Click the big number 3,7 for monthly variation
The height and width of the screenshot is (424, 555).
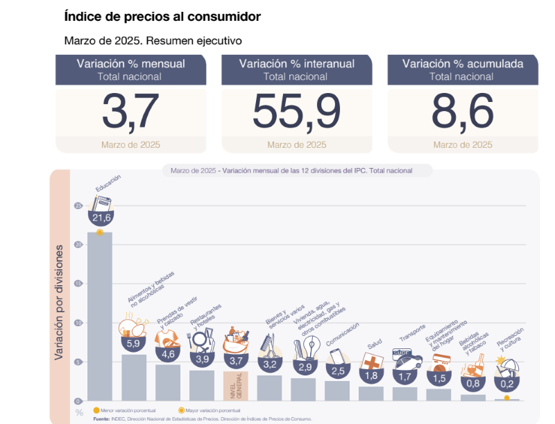click(130, 111)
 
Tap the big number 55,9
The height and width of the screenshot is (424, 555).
click(296, 111)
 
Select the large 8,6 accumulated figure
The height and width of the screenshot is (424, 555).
click(462, 111)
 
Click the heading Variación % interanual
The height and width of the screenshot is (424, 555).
click(296, 64)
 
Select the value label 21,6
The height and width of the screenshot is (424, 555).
click(100, 218)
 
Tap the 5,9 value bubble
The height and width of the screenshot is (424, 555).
click(133, 343)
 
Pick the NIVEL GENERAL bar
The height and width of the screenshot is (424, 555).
click(235, 385)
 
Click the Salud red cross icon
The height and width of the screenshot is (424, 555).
click(373, 363)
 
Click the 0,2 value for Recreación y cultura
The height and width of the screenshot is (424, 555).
click(506, 384)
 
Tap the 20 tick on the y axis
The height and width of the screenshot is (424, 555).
click(78, 244)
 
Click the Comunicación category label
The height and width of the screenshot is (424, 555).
click(343, 334)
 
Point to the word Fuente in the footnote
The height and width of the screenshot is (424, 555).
click(103, 419)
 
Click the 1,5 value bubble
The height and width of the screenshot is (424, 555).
click(438, 378)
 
